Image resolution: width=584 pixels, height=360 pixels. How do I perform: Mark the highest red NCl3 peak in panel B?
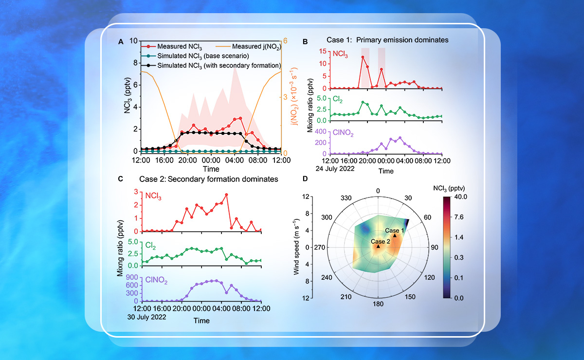pyautogui.click(x=363, y=57)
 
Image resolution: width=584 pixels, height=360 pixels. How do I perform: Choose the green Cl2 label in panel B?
pyautogui.click(x=338, y=100)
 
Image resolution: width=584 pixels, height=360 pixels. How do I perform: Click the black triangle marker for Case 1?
pyautogui.click(x=395, y=235)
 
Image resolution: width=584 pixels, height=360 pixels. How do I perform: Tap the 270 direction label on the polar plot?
pyautogui.click(x=321, y=247)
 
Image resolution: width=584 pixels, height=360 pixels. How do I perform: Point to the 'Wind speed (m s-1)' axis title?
pyautogui.click(x=296, y=247)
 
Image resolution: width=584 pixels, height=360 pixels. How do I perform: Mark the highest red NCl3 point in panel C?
pyautogui.click(x=226, y=195)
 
